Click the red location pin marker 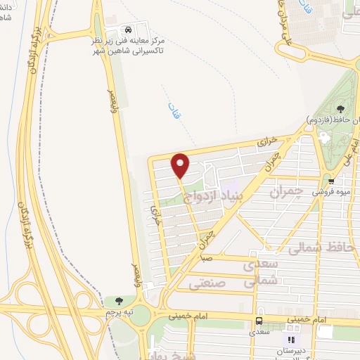pyautogui.click(x=181, y=166)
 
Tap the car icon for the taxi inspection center pyautogui.click(x=127, y=30)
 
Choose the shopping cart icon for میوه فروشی pyautogui.click(x=331, y=180)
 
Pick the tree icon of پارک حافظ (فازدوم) pyautogui.click(x=340, y=108)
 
